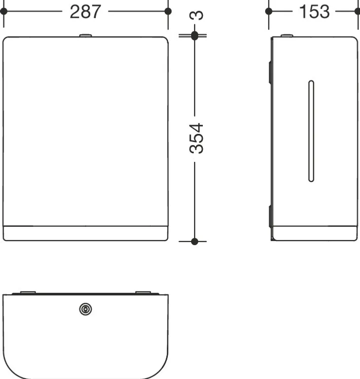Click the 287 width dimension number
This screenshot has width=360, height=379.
tap(85, 12)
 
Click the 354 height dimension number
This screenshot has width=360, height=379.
tap(196, 139)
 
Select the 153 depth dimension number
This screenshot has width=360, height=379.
tap(314, 12)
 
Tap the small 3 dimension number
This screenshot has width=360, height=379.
tap(196, 15)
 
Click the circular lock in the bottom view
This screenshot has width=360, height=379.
tap(86, 309)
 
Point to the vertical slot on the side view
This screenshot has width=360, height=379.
tap(311, 131)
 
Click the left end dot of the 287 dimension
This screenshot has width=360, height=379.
tap(4, 11)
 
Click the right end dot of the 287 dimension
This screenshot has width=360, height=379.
tap(168, 11)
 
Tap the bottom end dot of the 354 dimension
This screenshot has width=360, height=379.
tap(195, 241)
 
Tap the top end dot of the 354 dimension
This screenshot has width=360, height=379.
tap(195, 36)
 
